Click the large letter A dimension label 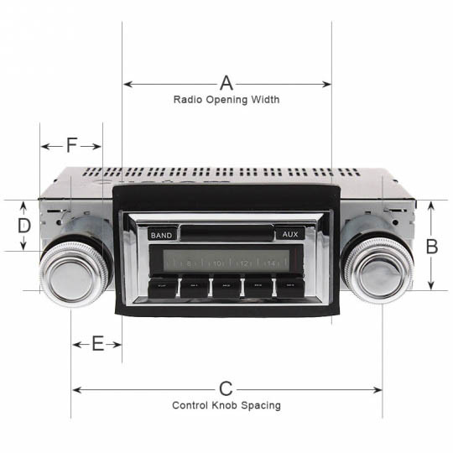pyautogui.click(x=226, y=83)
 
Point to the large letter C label pyautogui.click(x=226, y=388)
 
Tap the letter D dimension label pyautogui.click(x=24, y=226)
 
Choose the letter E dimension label pyautogui.click(x=97, y=344)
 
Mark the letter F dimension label pyautogui.click(x=71, y=146)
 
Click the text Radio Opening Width pyautogui.click(x=226, y=100)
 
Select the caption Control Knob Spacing pyautogui.click(x=226, y=405)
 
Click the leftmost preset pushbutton pyautogui.click(x=162, y=287)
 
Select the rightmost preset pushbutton pyautogui.click(x=289, y=287)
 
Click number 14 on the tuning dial pyautogui.click(x=270, y=263)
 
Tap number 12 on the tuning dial pyautogui.click(x=243, y=263)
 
